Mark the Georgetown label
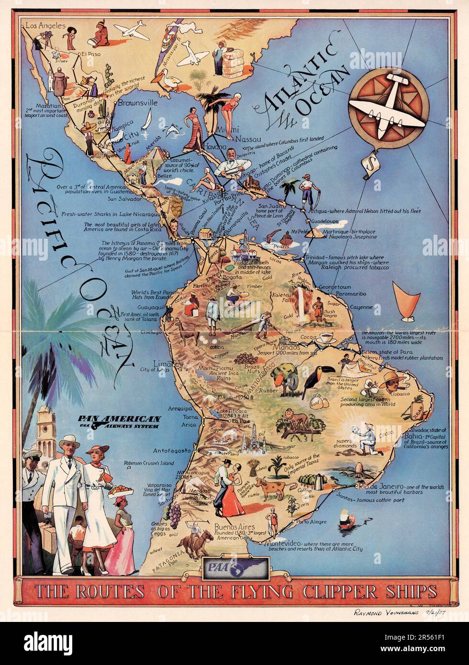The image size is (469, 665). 335,287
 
